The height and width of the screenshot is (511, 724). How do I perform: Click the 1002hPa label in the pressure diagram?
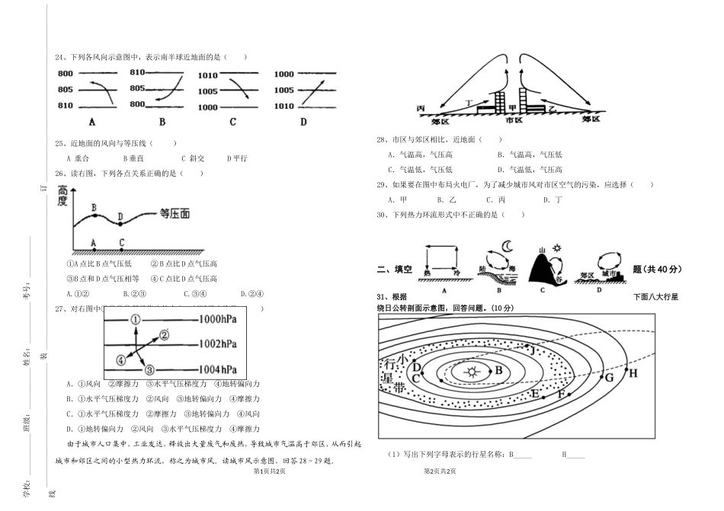[218, 343]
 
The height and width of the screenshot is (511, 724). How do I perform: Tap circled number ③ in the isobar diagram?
[149, 369]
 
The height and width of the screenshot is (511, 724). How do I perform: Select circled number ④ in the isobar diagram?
[120, 359]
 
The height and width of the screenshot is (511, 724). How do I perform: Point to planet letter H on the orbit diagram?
[632, 373]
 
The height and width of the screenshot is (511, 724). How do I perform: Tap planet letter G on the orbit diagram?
[609, 377]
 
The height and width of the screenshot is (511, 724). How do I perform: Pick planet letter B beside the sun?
[498, 370]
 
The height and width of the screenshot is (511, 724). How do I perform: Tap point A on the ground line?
[94, 243]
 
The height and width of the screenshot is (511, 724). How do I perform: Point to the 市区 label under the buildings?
[514, 120]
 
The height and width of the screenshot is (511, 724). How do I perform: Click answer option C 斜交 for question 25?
[193, 158]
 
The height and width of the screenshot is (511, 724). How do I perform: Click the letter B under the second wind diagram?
[162, 122]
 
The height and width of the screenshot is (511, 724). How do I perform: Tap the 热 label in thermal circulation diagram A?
[428, 273]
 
